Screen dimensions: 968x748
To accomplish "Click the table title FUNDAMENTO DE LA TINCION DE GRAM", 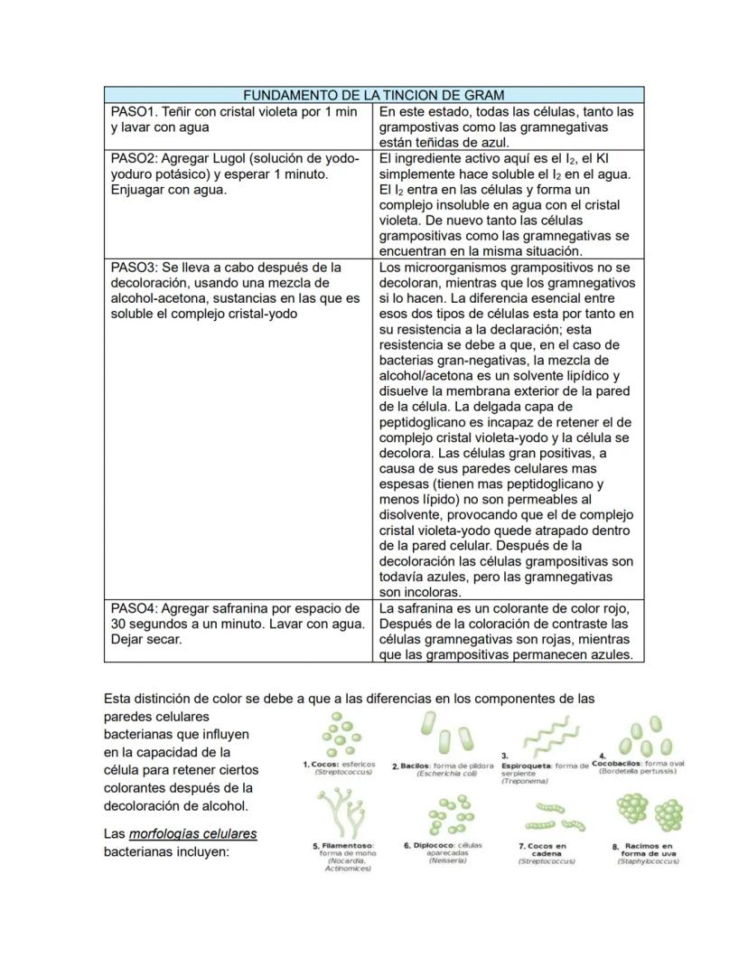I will click(x=373, y=95).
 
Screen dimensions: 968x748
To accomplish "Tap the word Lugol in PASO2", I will click(x=250, y=158).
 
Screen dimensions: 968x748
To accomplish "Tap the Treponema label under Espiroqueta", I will click(x=519, y=781).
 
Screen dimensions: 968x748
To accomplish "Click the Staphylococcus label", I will click(x=648, y=861).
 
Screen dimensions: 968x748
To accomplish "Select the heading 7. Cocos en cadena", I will click(x=547, y=850).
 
